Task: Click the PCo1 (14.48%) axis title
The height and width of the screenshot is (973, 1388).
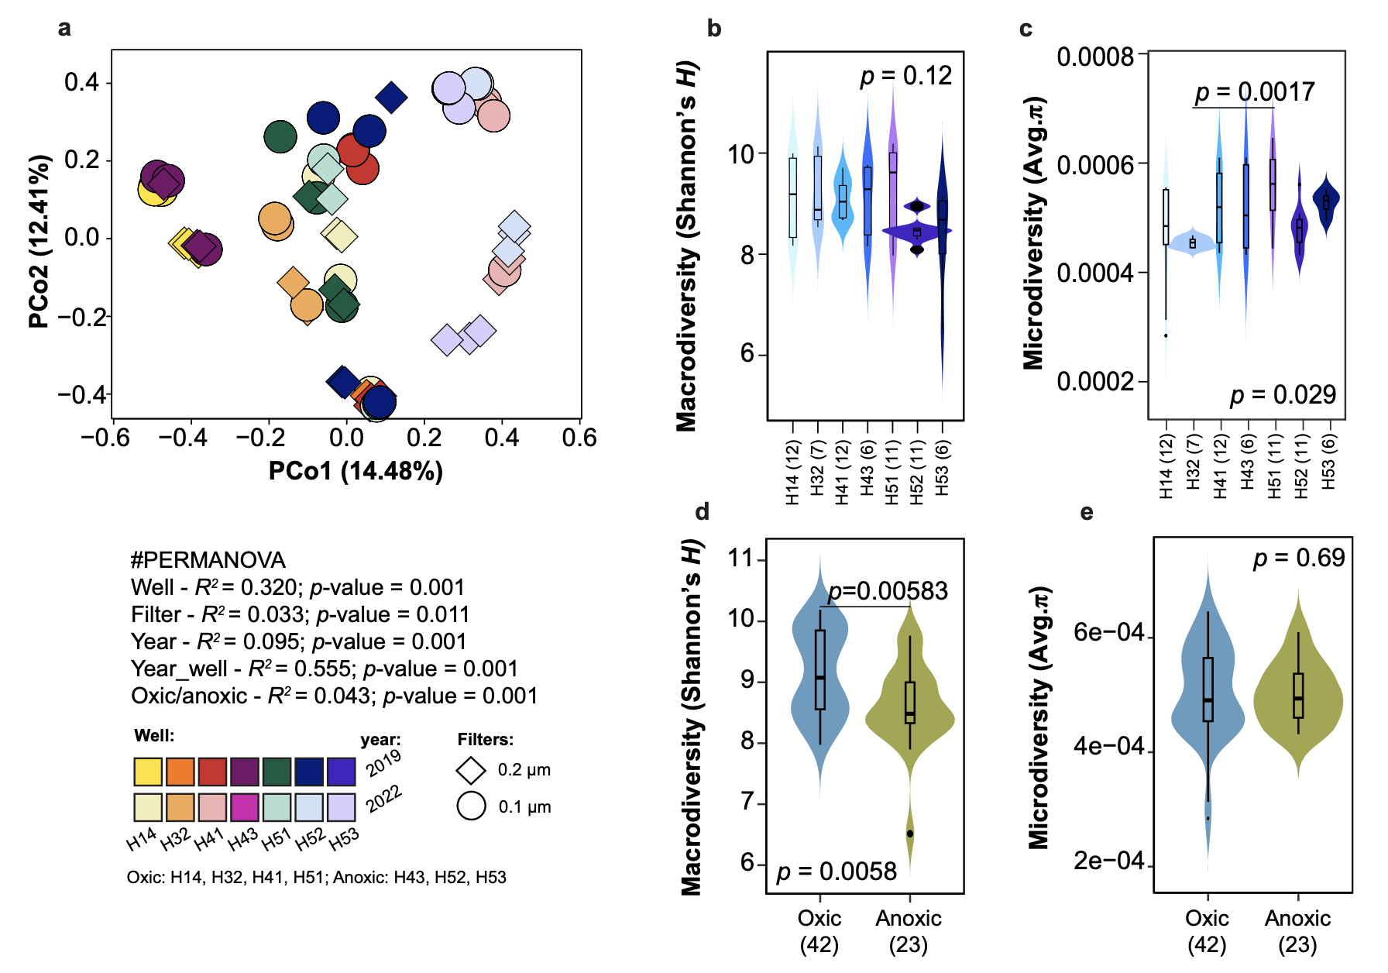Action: [x=356, y=471]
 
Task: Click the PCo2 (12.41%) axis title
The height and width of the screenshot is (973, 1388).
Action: [x=40, y=241]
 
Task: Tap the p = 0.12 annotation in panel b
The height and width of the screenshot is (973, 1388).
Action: [x=905, y=76]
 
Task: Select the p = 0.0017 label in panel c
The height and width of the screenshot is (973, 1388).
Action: [x=1254, y=92]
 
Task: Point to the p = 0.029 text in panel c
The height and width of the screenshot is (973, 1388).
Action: [x=1283, y=395]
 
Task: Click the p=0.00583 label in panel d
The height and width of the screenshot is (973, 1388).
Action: [x=888, y=592]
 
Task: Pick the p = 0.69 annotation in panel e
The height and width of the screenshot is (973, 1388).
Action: [x=1299, y=558]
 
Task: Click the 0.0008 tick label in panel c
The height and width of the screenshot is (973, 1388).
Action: [x=1094, y=57]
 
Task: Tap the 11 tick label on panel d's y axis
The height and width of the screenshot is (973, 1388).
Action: [x=741, y=559]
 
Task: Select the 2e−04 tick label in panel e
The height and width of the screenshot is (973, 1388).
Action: [x=1108, y=861]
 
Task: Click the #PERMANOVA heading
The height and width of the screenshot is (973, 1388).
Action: [x=208, y=560]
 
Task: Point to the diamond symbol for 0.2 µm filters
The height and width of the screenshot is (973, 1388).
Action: [x=471, y=770]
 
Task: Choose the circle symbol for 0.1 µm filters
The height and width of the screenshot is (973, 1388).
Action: [x=471, y=806]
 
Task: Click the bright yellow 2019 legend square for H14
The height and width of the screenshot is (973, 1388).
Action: [x=148, y=772]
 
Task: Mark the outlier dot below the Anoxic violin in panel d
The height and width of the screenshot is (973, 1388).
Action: [x=910, y=834]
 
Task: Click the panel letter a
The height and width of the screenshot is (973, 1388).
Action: [x=64, y=29]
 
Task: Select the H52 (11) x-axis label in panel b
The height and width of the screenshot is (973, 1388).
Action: [x=917, y=473]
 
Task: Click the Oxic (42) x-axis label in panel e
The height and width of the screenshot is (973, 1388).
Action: [x=1207, y=931]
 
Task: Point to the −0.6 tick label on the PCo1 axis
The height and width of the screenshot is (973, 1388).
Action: [x=105, y=438]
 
